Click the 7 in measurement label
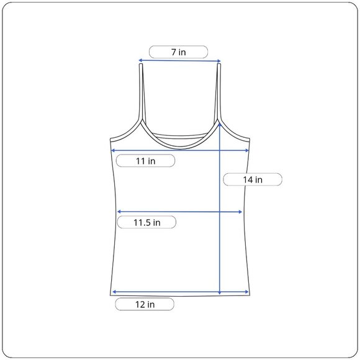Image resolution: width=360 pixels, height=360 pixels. pyautogui.click(x=178, y=52)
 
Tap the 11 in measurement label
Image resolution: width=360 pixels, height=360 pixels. pyautogui.click(x=146, y=161)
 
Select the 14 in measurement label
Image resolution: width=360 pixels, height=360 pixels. pyautogui.click(x=253, y=179)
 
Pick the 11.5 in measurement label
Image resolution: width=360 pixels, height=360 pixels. pyautogui.click(x=146, y=222)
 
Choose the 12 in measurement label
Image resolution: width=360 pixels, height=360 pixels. pyautogui.click(x=145, y=304)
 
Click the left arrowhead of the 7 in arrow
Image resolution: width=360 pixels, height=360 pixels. pyautogui.click(x=140, y=60)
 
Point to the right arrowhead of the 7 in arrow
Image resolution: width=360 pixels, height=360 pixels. pyautogui.click(x=219, y=61)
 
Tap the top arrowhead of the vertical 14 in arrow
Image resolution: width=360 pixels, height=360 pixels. pyautogui.click(x=220, y=124)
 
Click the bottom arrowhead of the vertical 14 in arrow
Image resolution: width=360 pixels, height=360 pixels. pyautogui.click(x=220, y=293)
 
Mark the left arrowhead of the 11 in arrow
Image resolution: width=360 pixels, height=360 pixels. pyautogui.click(x=113, y=150)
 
